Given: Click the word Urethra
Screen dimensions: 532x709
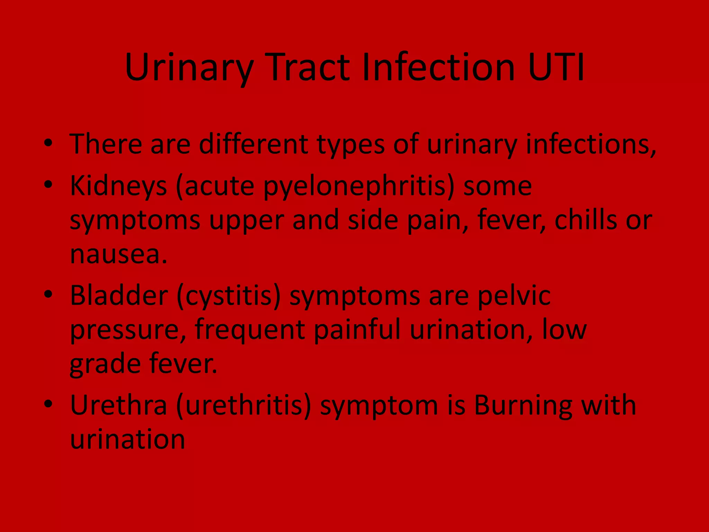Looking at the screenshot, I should [x=118, y=405].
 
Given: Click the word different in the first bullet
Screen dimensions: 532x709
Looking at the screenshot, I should [x=253, y=144].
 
